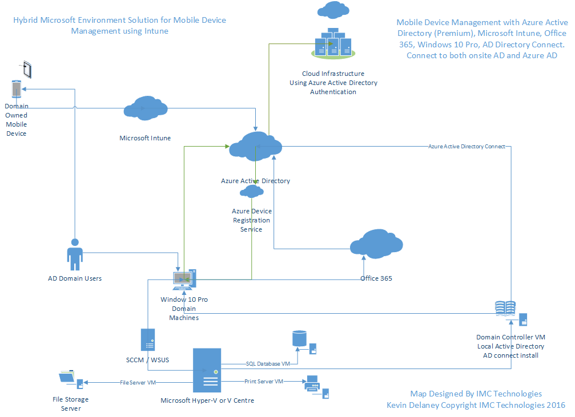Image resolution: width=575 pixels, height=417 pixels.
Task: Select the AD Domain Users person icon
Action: [x=75, y=254]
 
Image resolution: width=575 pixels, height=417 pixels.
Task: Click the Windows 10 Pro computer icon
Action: [x=184, y=278]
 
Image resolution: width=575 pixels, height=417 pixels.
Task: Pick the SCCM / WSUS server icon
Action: [x=148, y=339]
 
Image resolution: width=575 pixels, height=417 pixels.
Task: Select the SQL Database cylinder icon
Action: [x=299, y=339]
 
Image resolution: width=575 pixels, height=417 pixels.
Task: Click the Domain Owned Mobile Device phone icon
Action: [x=17, y=89]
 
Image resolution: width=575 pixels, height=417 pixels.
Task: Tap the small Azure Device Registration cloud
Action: [x=251, y=192]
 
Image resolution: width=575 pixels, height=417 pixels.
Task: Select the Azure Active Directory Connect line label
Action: [x=467, y=147]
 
